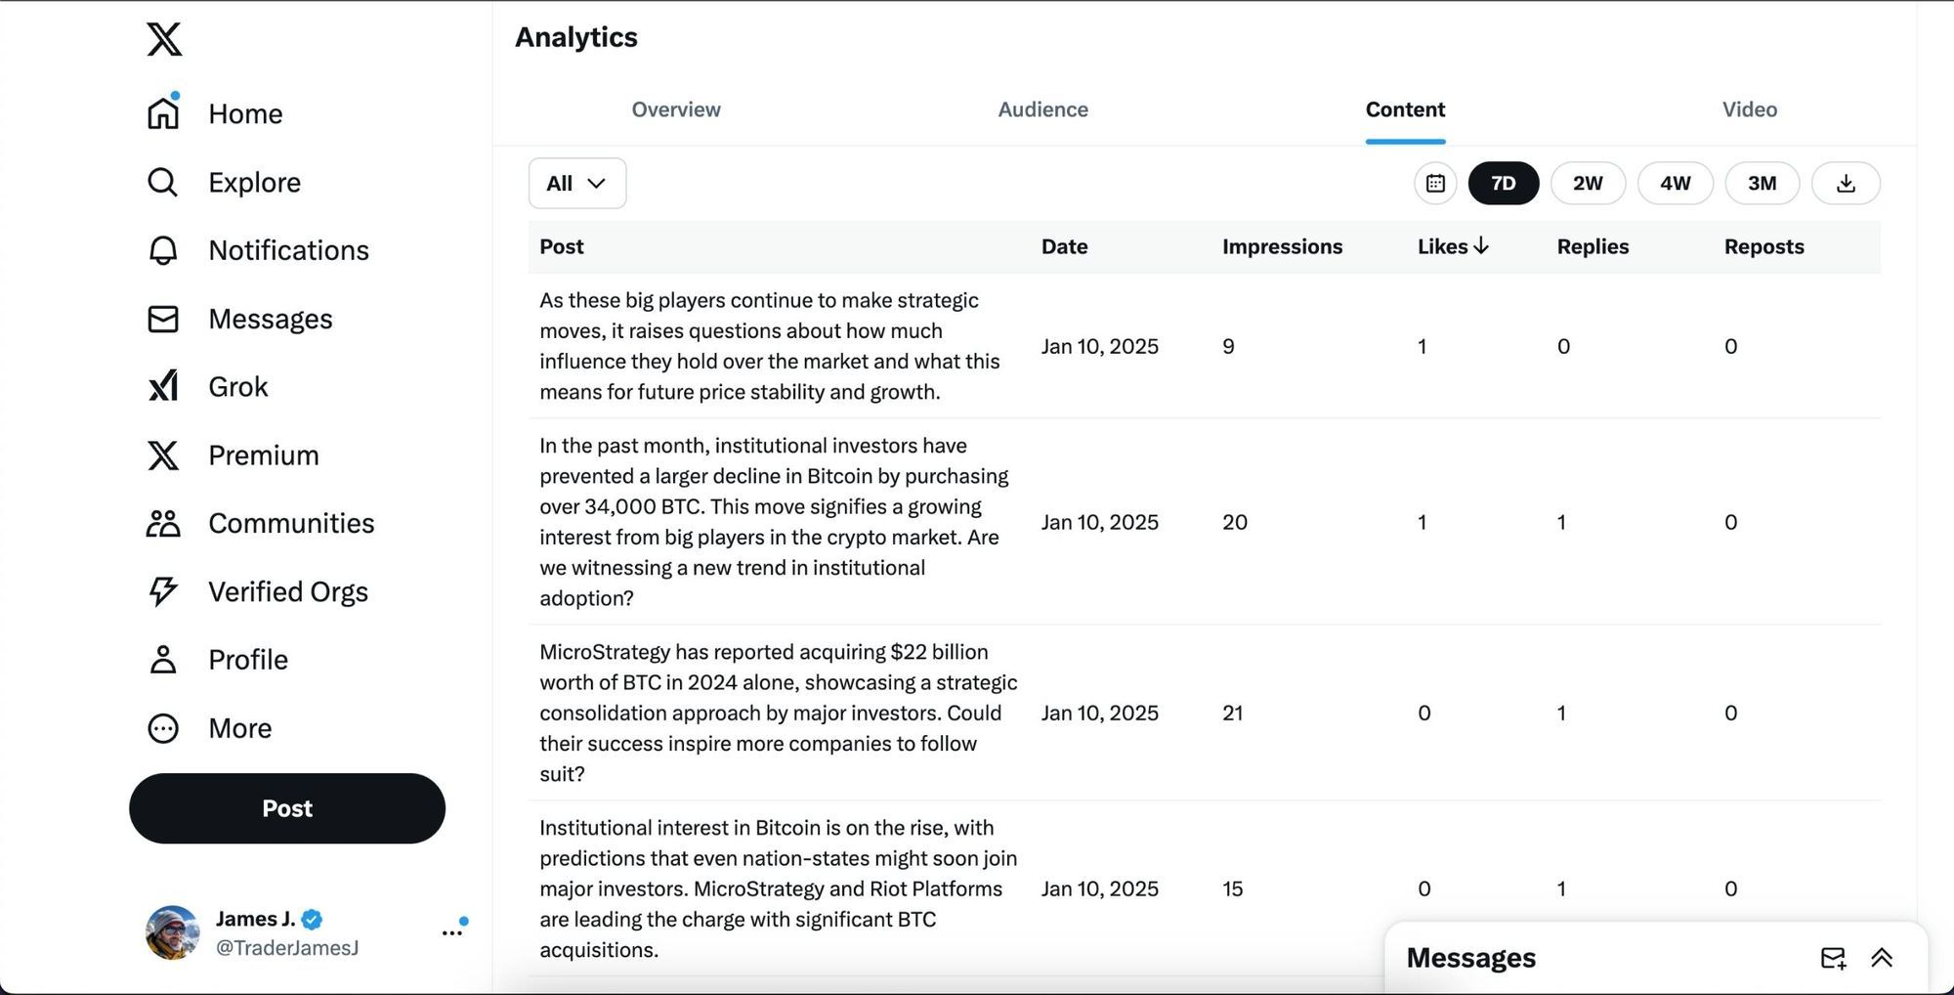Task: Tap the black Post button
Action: pyautogui.click(x=287, y=808)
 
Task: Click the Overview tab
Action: pyautogui.click(x=676, y=109)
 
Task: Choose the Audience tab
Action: pyautogui.click(x=1042, y=109)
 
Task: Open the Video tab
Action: pyautogui.click(x=1749, y=109)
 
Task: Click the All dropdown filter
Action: pyautogui.click(x=577, y=183)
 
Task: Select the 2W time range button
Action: pyautogui.click(x=1588, y=183)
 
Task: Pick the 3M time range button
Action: pyautogui.click(x=1762, y=183)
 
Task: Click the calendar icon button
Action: pyautogui.click(x=1435, y=183)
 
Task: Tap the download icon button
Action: pyautogui.click(x=1846, y=183)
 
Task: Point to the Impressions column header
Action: pyautogui.click(x=1282, y=246)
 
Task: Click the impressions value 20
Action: pyautogui.click(x=1235, y=522)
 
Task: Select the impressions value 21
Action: pyautogui.click(x=1233, y=713)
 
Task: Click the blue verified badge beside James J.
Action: pyautogui.click(x=312, y=919)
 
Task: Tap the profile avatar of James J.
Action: pyautogui.click(x=173, y=932)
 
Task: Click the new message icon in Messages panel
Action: pyautogui.click(x=1833, y=958)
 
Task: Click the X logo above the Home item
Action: pyautogui.click(x=164, y=39)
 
